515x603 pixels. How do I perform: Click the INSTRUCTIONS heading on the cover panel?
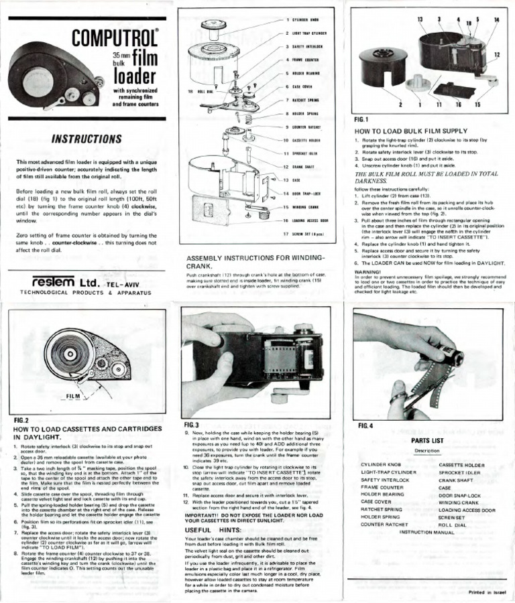click(85, 139)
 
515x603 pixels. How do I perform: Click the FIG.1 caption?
click(363, 119)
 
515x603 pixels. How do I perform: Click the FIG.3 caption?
click(192, 425)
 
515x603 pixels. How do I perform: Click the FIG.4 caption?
click(367, 426)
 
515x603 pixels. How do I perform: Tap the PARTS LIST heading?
click(426, 441)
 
